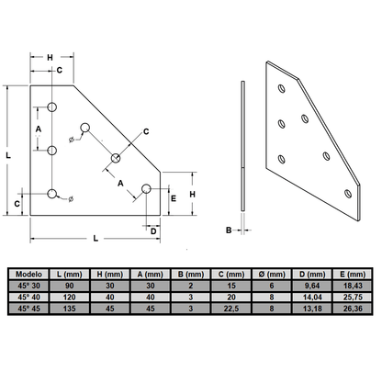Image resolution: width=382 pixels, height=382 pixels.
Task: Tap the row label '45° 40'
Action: (28, 297)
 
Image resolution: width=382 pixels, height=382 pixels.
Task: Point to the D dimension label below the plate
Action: (152, 230)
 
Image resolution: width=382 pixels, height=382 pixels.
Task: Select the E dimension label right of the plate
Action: (174, 197)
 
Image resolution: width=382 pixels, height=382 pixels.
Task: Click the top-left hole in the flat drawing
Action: (52, 107)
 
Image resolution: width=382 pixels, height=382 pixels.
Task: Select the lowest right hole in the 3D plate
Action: (345, 193)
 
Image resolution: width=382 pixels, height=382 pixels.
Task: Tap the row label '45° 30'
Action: (28, 286)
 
